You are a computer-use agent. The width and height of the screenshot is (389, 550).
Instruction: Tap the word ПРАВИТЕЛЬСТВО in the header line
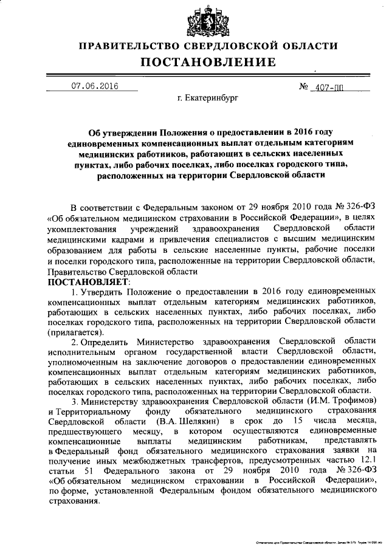(129, 46)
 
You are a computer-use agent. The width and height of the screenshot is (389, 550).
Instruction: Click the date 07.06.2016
(94, 86)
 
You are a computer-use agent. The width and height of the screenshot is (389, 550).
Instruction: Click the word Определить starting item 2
(108, 342)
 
